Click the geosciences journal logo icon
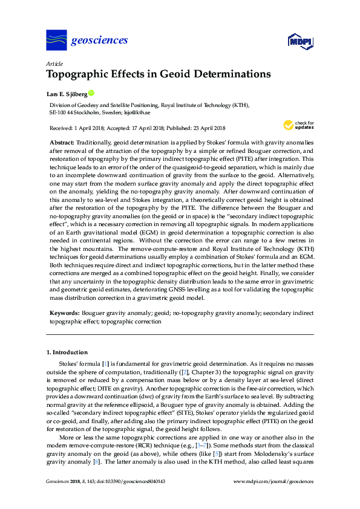pos(56,41)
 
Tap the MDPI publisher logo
pos(300,42)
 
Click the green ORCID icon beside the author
pos(91,93)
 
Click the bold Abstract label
pos(61,140)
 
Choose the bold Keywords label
pos(64,314)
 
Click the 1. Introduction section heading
pos(67,352)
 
